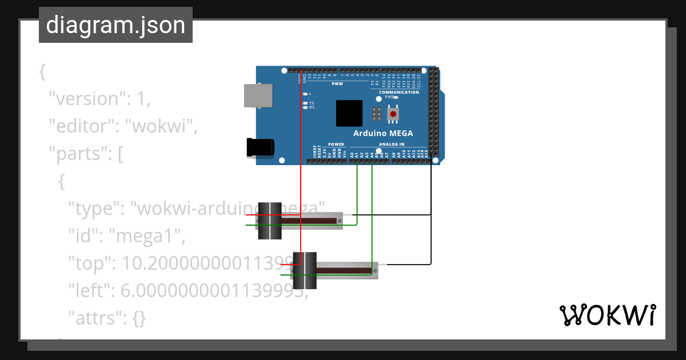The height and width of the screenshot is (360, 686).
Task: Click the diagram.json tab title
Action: [x=115, y=26]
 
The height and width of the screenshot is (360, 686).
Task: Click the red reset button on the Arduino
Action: [x=393, y=114]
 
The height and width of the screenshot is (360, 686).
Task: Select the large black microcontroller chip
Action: [x=349, y=113]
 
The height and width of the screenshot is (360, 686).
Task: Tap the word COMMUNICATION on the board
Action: [x=399, y=92]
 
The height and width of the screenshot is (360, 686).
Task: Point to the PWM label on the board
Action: [x=337, y=84]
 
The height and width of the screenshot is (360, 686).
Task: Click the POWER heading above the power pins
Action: [x=336, y=145]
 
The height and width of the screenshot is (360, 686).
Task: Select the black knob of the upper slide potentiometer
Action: [x=270, y=221]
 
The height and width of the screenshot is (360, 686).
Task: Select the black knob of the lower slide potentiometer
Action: [x=305, y=270]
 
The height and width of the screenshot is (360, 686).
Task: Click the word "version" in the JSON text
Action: [x=86, y=99]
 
